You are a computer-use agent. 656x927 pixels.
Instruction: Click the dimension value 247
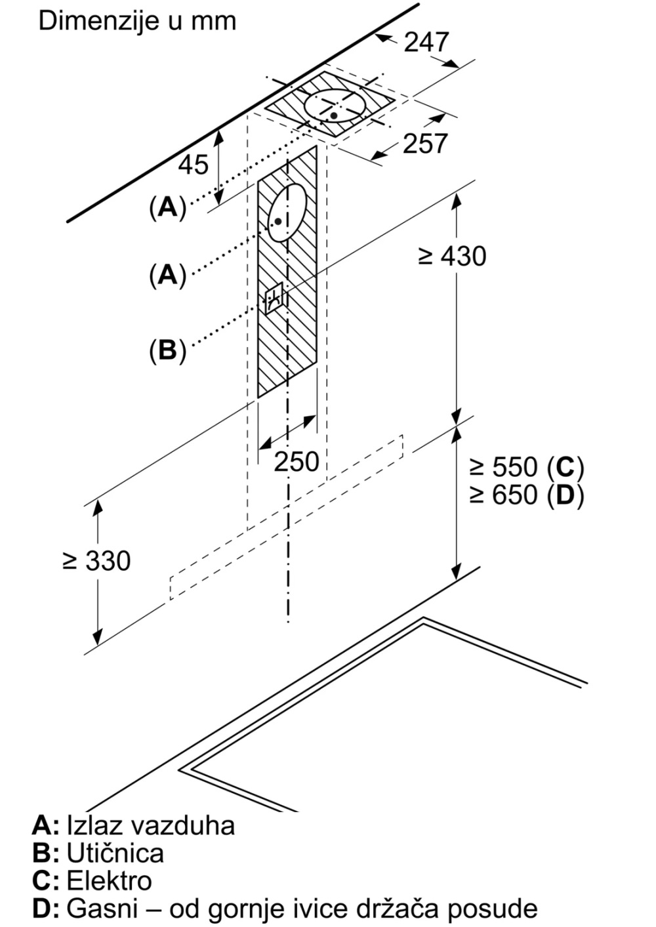click(x=426, y=42)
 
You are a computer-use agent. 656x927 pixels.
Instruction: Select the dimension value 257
click(x=424, y=144)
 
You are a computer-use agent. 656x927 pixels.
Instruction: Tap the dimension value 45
click(x=194, y=164)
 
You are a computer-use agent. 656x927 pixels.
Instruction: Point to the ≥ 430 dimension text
click(x=452, y=256)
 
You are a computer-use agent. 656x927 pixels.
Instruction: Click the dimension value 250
click(x=296, y=462)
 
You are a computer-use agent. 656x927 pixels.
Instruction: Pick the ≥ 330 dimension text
click(x=96, y=560)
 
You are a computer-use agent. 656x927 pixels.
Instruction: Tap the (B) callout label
click(x=167, y=351)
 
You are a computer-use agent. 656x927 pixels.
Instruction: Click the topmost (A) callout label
click(x=167, y=207)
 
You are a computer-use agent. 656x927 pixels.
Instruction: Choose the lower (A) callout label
click(x=167, y=275)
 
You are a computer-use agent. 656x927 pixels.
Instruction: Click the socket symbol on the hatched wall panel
click(x=274, y=299)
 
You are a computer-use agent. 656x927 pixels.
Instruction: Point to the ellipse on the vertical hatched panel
click(x=287, y=212)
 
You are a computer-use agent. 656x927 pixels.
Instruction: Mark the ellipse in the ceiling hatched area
click(x=335, y=105)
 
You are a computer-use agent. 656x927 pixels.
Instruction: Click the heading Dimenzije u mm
click(x=137, y=21)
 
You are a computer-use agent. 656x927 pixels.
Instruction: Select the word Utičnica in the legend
click(x=115, y=853)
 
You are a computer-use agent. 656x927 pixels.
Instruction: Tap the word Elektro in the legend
click(x=109, y=880)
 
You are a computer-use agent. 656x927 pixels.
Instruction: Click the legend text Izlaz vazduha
click(x=150, y=825)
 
